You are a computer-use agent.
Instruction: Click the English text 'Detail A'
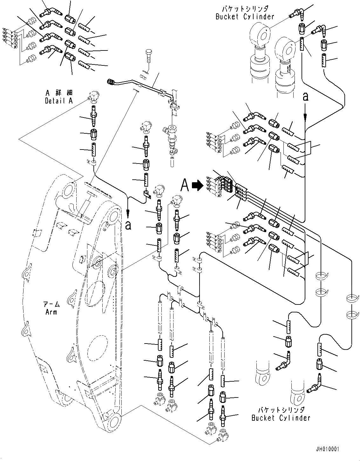59,101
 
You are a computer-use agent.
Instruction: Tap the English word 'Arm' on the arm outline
51,312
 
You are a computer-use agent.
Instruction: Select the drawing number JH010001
327,449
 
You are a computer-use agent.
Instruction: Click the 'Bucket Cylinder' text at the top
245,17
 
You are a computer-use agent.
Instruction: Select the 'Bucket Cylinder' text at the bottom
281,418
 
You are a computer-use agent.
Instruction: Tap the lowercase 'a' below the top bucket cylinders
305,96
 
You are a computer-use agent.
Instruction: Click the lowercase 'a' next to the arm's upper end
128,225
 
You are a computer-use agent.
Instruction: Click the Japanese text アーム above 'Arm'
51,304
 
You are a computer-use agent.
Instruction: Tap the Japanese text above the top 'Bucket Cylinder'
245,8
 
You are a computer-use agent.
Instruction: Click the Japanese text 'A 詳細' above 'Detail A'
59,92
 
